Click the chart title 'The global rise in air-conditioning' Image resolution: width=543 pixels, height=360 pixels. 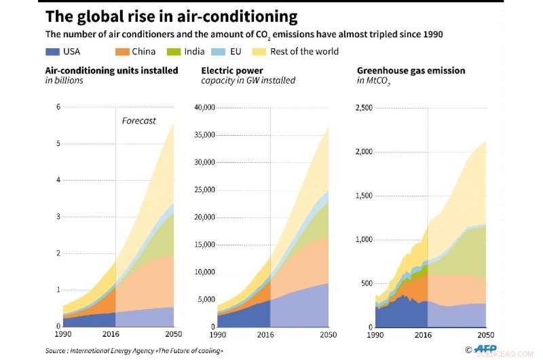coord(171,16)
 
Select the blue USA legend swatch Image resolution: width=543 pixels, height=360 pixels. coord(53,52)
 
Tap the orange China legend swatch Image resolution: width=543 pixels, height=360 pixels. coord(123,52)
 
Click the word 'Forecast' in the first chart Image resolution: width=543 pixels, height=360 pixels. coord(138,121)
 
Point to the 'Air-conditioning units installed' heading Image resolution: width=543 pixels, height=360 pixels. coord(111,70)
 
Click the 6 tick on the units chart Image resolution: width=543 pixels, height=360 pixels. coord(58,107)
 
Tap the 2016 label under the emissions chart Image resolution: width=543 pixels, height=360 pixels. coord(428,335)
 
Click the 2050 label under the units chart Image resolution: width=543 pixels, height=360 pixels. coord(174,335)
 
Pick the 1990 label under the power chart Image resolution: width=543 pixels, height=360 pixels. coord(218,335)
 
